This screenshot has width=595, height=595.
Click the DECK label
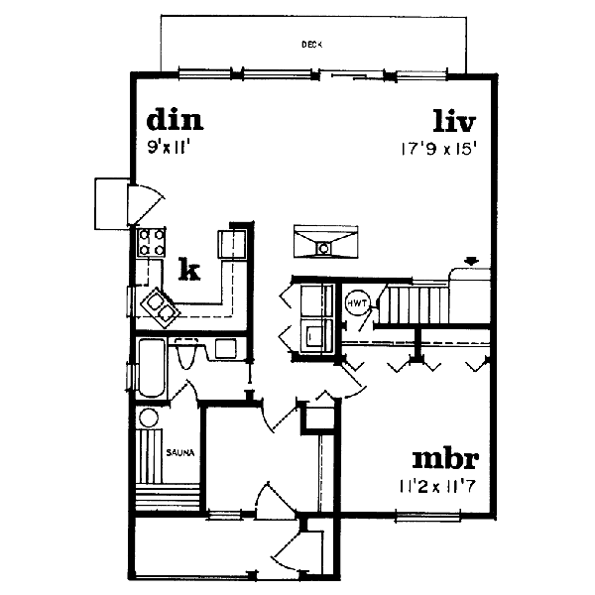pos(312,45)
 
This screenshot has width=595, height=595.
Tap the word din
pos(175,120)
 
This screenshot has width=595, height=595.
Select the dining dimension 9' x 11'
pos(169,147)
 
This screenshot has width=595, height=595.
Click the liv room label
pos(454,121)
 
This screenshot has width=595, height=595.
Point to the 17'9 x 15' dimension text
pos(438,149)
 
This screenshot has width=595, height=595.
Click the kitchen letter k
pos(189,269)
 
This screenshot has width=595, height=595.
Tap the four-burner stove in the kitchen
pos(152,242)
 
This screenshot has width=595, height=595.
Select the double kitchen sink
pos(160,307)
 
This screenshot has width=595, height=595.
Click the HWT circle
pos(357,303)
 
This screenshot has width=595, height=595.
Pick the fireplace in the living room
pos(325,242)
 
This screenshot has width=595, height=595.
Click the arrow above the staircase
pos(471,261)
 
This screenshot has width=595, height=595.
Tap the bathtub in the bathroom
pos(152,368)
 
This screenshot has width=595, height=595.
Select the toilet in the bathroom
pos(185,353)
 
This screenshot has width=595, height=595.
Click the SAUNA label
pos(180,452)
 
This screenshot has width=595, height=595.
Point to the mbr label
pos(445,459)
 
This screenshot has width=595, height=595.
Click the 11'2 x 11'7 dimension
pos(437,486)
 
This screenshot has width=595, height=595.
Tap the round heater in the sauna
pos(149,417)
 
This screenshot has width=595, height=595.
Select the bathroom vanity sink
pos(226,349)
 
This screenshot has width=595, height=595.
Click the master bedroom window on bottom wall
pos(427,517)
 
